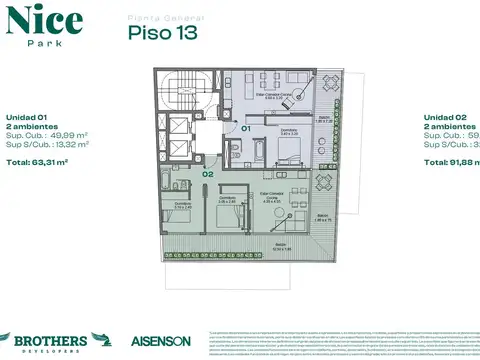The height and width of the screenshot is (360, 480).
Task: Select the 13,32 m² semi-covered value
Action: click(x=69, y=144)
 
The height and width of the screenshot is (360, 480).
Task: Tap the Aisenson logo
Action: click(x=160, y=340)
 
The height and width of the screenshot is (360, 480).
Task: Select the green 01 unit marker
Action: click(x=246, y=129)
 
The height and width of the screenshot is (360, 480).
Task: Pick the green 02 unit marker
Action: click(x=206, y=173)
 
